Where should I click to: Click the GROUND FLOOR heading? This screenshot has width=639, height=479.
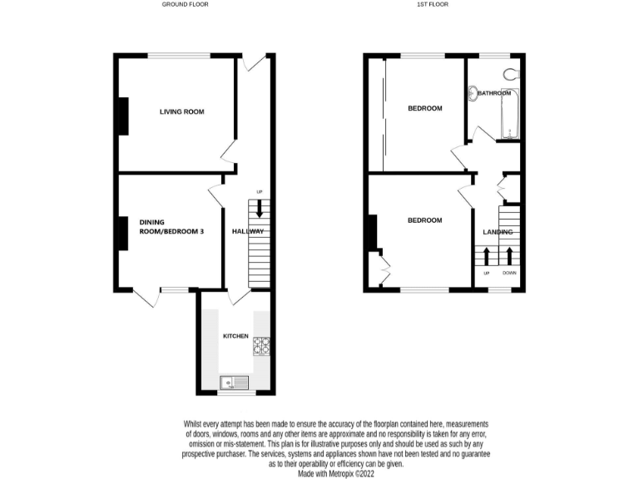[x=185, y=4]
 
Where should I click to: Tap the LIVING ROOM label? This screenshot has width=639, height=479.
[x=181, y=111]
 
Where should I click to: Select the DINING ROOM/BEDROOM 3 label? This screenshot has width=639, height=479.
[x=171, y=227]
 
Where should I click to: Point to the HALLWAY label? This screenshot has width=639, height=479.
[x=248, y=231]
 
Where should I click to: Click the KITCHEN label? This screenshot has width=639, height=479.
[x=235, y=335]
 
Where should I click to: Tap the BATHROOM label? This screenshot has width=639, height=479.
[x=493, y=93]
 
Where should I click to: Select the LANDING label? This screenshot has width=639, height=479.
[x=498, y=232]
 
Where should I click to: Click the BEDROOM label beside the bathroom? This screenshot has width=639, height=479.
[x=424, y=109]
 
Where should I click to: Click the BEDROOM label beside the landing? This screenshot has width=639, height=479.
[x=424, y=220]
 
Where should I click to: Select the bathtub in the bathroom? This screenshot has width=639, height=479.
[x=510, y=116]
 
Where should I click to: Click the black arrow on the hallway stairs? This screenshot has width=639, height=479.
[x=260, y=209]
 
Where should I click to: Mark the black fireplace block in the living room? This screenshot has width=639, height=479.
[x=124, y=116]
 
